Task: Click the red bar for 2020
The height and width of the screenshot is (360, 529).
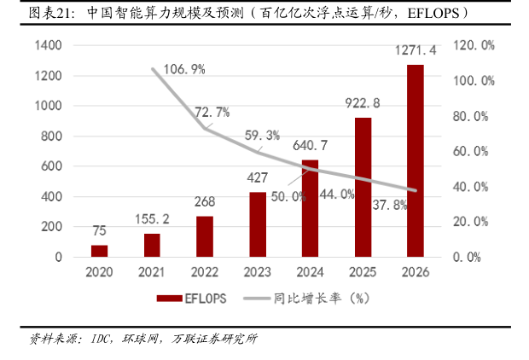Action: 100,251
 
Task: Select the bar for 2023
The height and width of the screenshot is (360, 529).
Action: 258,224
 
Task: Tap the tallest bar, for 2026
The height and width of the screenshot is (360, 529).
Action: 415,160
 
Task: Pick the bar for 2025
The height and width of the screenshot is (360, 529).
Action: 363,187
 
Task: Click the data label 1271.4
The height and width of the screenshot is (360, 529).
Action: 416,50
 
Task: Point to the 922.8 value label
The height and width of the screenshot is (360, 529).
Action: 363,103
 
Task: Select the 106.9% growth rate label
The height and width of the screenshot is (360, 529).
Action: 182,69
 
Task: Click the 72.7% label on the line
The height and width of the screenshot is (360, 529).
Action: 212,112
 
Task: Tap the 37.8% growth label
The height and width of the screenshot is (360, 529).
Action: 390,206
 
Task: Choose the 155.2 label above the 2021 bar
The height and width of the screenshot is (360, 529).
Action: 152,219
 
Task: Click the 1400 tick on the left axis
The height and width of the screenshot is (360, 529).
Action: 47,45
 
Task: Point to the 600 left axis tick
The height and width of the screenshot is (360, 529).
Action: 50,166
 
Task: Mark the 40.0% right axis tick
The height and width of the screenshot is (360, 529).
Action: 475,187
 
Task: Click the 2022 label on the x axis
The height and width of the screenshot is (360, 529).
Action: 205,271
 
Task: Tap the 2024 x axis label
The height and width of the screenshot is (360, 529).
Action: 310,271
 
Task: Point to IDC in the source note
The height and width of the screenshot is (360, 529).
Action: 102,339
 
